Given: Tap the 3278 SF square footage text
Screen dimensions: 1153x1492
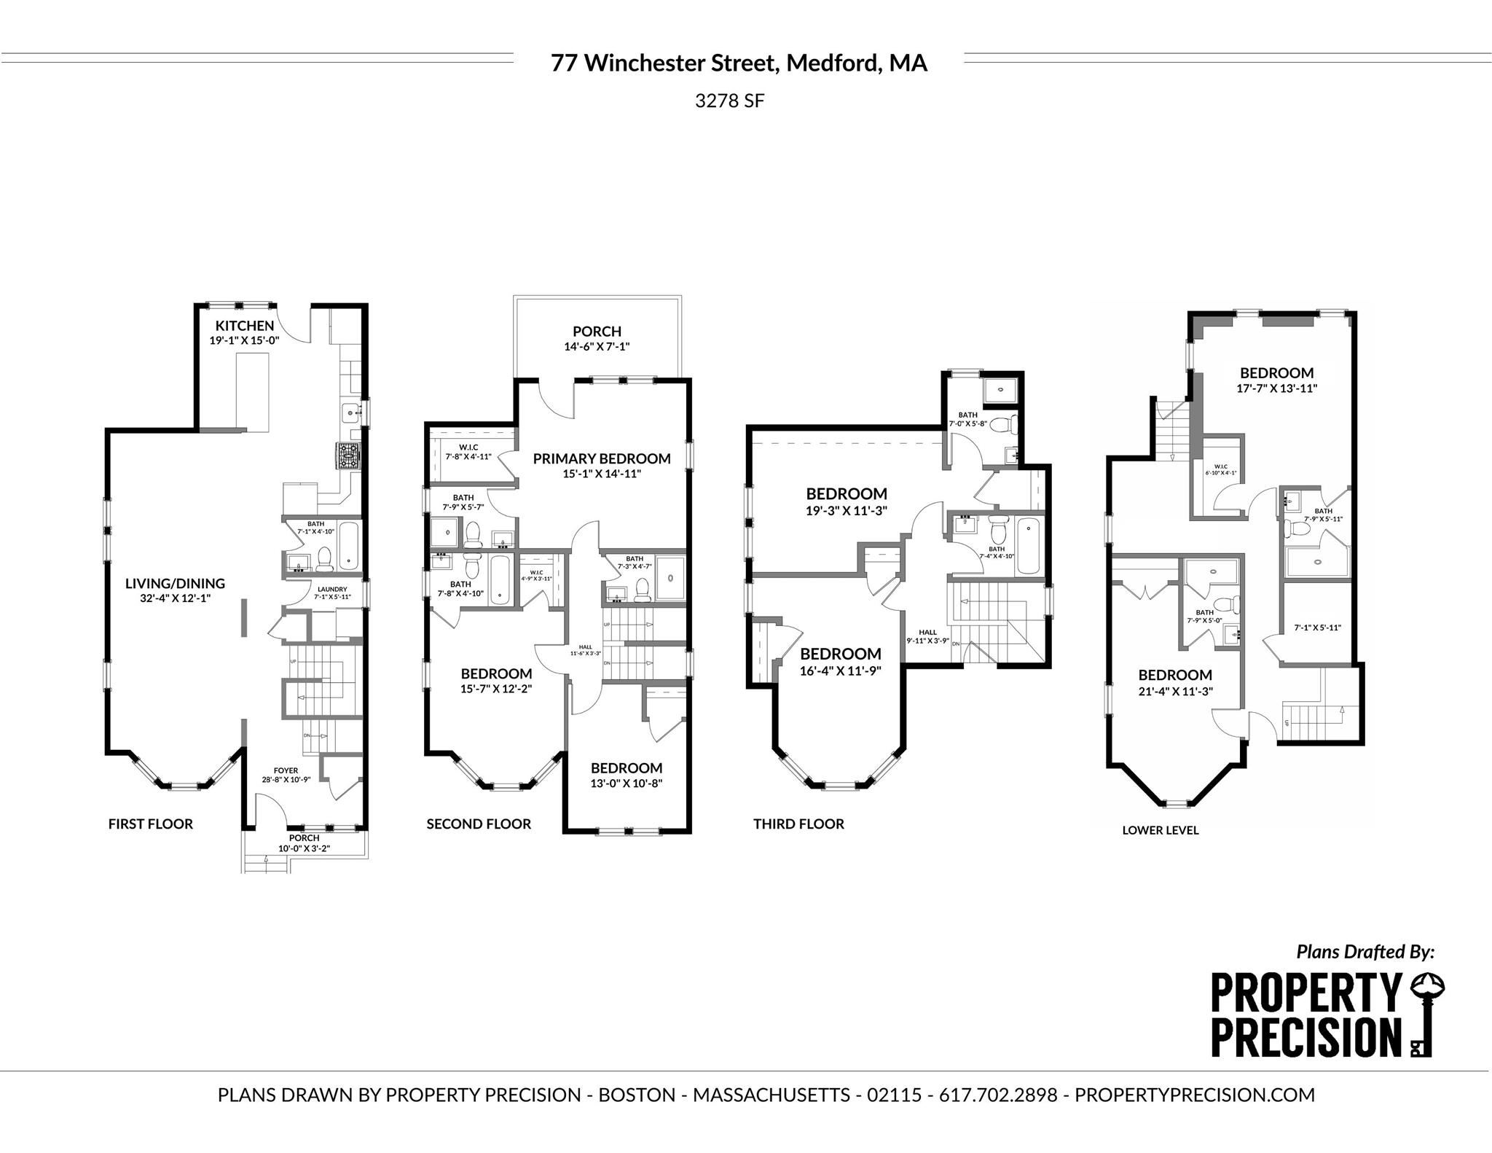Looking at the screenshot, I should (x=729, y=101).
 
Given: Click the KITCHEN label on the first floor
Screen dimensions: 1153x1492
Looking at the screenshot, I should (x=244, y=326).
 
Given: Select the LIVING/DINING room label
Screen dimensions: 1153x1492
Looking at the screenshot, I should (x=175, y=583).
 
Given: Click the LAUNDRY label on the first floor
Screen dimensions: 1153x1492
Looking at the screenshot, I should (x=332, y=589).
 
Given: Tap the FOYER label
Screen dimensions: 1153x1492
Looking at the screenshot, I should (x=286, y=770).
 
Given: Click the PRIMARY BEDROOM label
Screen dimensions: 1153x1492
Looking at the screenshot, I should (x=601, y=458).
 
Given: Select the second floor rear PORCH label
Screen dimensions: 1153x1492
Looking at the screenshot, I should (x=597, y=332).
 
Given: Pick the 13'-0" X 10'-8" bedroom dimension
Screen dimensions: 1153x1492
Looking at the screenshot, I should (x=626, y=783).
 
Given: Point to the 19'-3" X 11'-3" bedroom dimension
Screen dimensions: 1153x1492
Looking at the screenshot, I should (x=847, y=511).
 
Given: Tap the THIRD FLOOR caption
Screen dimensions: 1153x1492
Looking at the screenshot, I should (x=798, y=824).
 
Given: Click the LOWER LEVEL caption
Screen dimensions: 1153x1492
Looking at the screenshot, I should (x=1160, y=830).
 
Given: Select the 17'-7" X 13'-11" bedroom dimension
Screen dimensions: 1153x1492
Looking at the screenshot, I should (x=1276, y=388).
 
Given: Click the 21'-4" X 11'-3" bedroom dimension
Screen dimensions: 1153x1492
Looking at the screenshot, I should (x=1175, y=692).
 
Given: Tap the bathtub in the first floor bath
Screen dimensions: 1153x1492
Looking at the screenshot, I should (x=350, y=545).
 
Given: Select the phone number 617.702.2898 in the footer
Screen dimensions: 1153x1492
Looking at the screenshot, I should (x=998, y=1095).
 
